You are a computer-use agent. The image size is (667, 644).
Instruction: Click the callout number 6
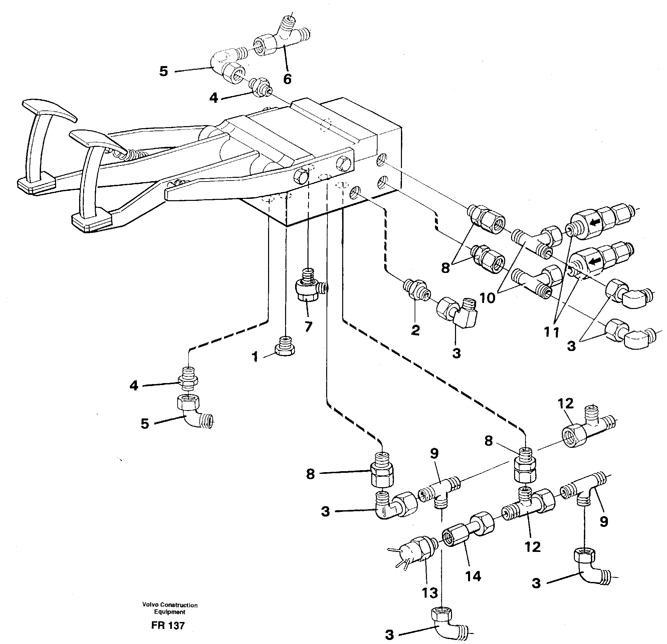(x=287, y=79)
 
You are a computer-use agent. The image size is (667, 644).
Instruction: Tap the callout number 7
(x=308, y=327)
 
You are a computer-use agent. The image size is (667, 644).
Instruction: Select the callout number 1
(x=255, y=357)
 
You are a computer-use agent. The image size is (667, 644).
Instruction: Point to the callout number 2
(x=415, y=330)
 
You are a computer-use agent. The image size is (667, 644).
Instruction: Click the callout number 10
(x=488, y=298)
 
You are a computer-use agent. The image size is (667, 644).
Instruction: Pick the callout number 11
(x=551, y=332)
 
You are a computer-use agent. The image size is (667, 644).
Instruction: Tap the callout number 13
(x=429, y=593)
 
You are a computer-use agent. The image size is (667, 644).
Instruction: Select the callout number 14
(x=473, y=576)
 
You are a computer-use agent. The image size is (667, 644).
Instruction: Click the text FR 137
(x=168, y=625)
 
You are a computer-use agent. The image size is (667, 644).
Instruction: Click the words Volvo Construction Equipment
(x=170, y=608)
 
